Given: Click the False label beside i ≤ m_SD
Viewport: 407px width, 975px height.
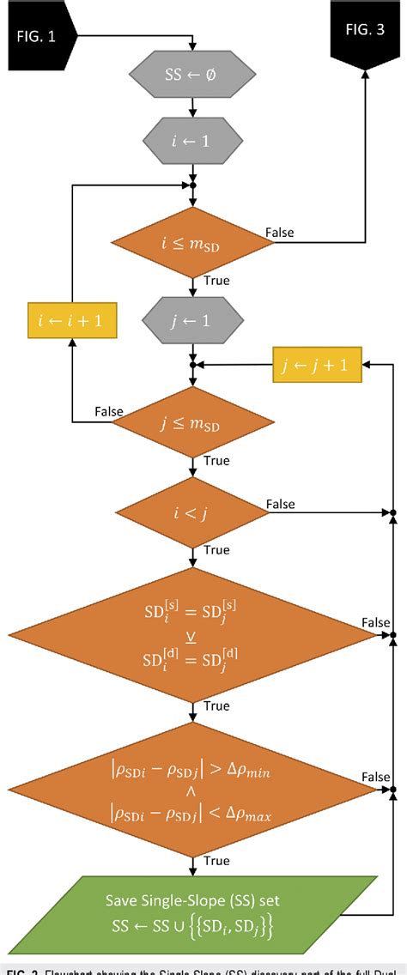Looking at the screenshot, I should coord(280,233).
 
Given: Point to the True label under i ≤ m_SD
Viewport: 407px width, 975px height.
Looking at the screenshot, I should coord(216,281).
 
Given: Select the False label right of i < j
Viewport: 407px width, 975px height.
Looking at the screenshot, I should coord(280,504).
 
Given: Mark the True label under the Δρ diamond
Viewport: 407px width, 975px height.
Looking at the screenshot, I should coord(216,860).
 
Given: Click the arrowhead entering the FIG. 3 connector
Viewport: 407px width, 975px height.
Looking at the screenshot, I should coord(367,76).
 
